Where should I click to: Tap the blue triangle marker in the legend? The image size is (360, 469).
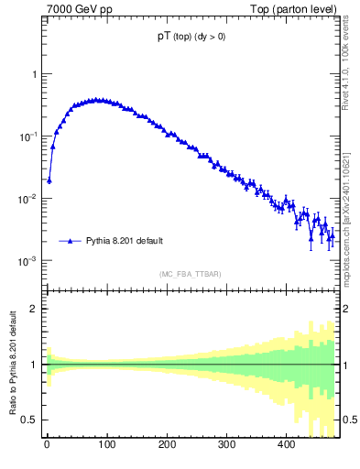71,241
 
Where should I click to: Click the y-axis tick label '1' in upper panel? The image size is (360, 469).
35,74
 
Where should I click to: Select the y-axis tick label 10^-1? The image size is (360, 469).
29,136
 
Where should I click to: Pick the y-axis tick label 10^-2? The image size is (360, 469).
29,199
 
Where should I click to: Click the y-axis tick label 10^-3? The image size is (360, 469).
29,261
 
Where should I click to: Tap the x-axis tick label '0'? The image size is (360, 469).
47,444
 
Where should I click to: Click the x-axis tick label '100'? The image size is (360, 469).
106,444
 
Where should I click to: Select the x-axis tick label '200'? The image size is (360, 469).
167,444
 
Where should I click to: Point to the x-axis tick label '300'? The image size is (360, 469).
226,444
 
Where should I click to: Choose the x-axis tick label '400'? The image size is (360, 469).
286,444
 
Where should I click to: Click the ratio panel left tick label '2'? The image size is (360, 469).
35,309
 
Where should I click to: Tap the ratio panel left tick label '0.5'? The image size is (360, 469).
31,420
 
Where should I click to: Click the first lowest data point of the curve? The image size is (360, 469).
49,180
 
